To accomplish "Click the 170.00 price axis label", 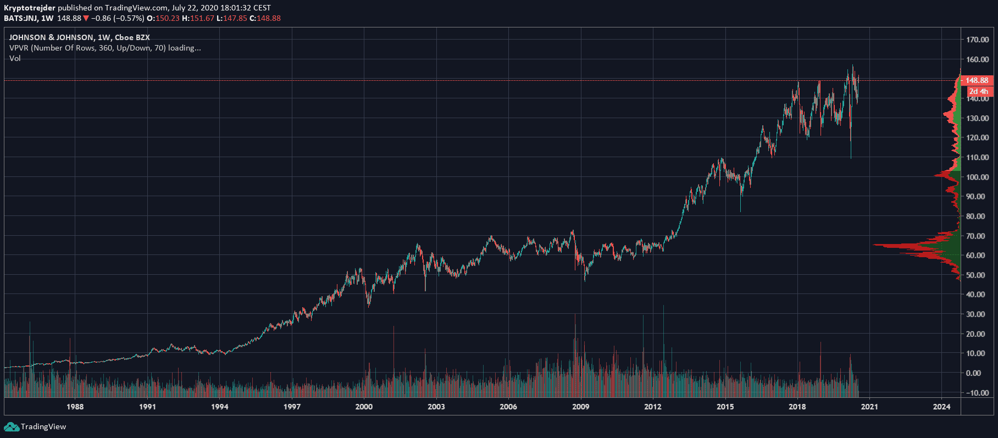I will [977, 40].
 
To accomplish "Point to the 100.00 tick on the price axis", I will [977, 177].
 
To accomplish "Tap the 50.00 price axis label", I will [977, 275].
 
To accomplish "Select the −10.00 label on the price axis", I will [976, 392].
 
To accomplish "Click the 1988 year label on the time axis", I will [75, 407].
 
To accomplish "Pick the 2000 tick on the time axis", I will [364, 407].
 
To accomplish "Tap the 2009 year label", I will [580, 407].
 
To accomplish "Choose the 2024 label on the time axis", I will [941, 407].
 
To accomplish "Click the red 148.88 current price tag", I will [977, 80].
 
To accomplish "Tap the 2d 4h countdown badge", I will [978, 91].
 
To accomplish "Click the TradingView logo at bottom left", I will [35, 427].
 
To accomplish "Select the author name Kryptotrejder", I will [30, 8].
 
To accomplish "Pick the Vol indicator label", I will [15, 58].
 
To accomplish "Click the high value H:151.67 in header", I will [198, 18].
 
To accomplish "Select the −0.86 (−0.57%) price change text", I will [118, 18].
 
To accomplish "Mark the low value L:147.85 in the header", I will [232, 18].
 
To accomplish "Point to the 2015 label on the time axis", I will [725, 407].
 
